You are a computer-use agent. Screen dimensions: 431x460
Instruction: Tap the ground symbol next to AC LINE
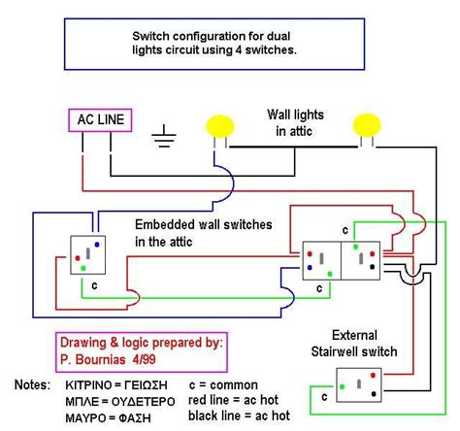(165, 137)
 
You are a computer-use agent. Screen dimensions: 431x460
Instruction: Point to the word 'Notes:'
(35, 384)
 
